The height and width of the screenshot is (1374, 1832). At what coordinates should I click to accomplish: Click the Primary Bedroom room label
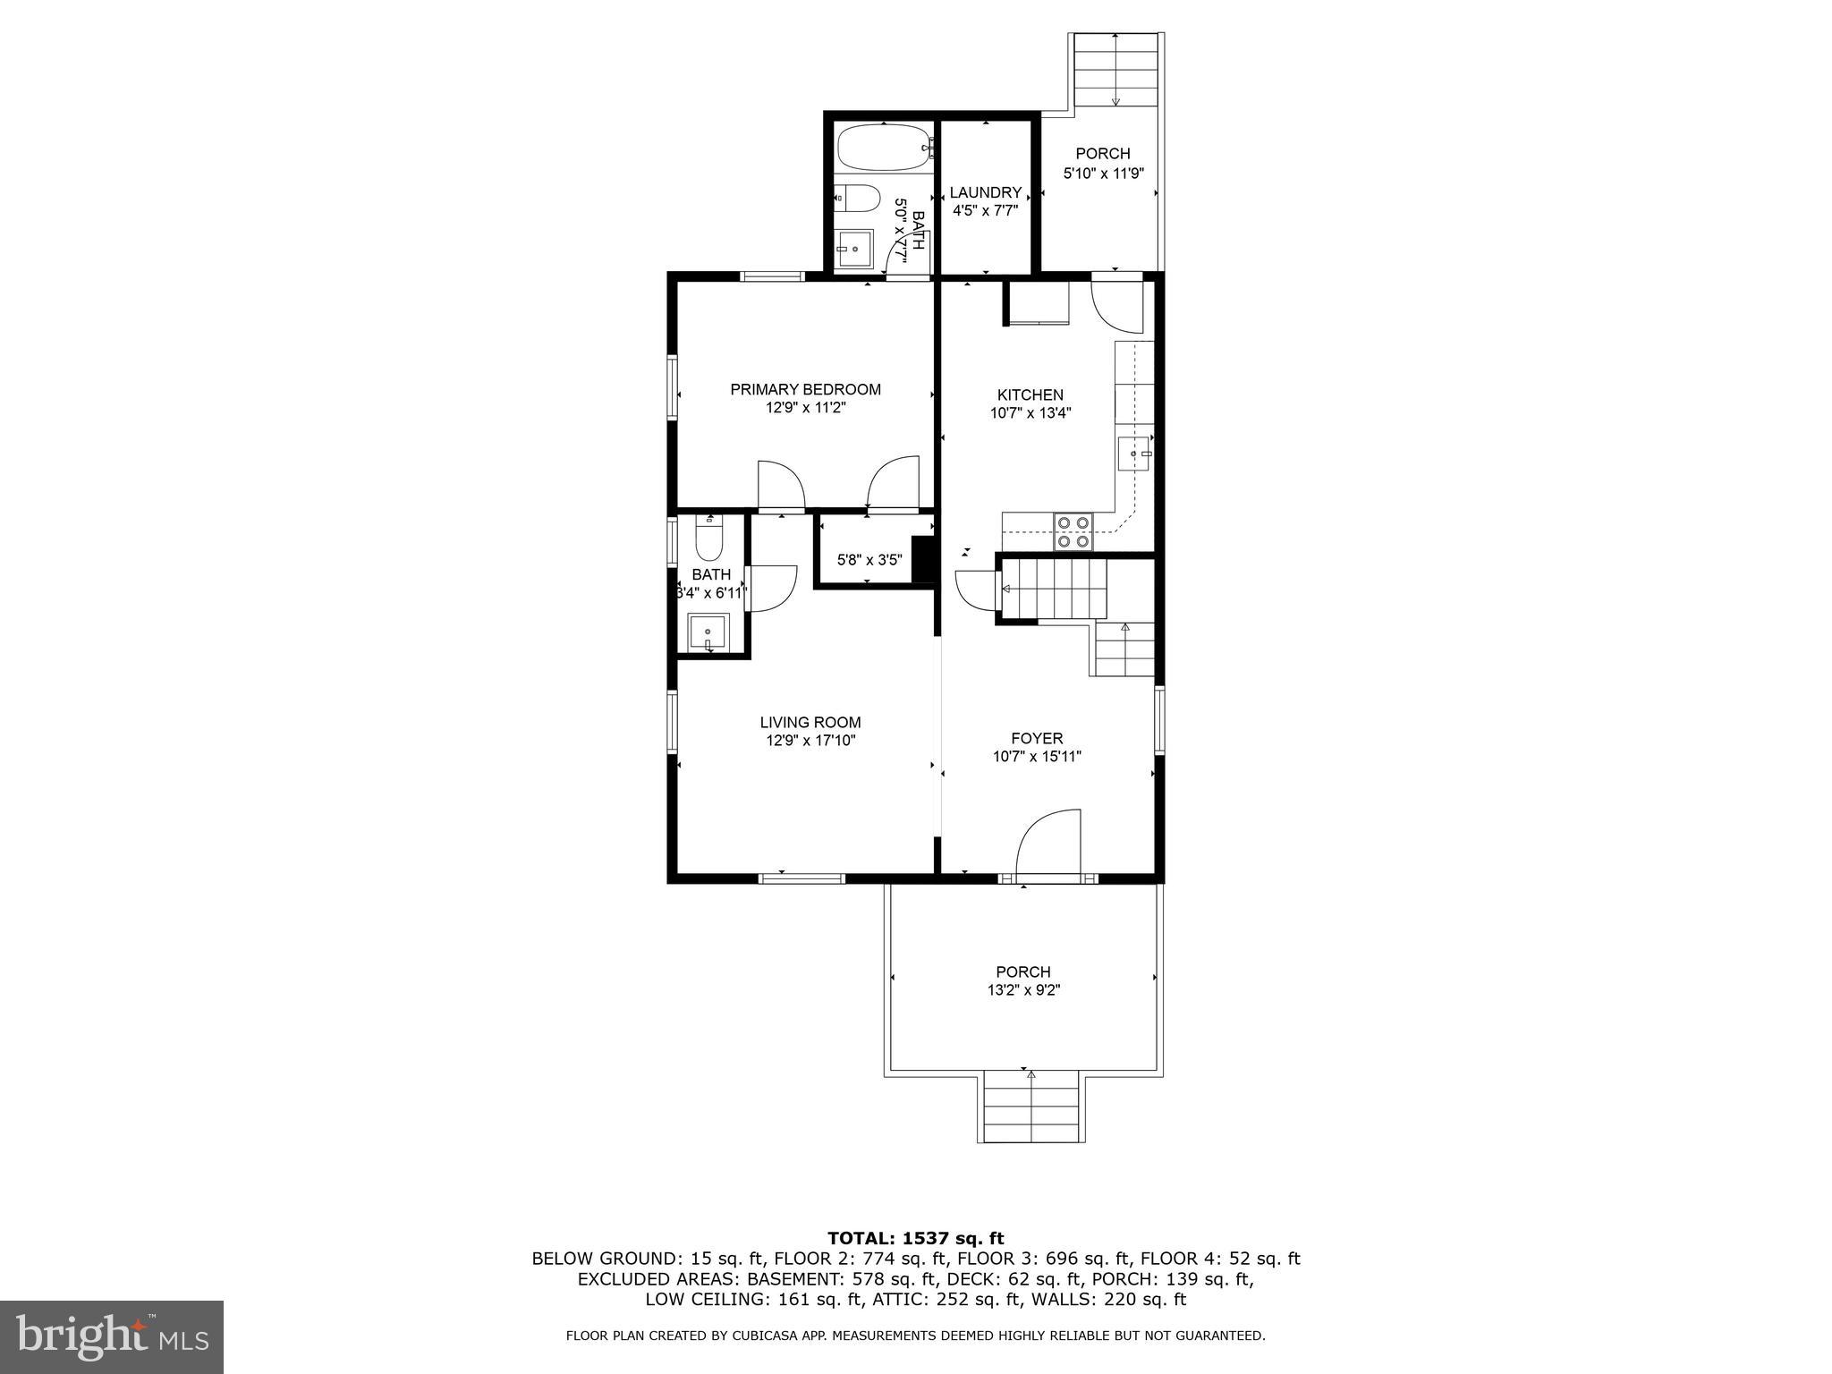pos(805,389)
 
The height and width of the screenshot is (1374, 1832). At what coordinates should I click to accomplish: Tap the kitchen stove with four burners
pos(1073,531)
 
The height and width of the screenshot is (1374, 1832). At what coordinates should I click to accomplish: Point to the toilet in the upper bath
pos(856,198)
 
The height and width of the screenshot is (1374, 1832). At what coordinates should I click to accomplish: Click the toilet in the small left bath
pos(709,539)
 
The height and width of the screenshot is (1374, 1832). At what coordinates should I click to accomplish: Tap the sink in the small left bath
pos(708,633)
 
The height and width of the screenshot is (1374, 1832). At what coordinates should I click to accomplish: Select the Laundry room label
pos(985,192)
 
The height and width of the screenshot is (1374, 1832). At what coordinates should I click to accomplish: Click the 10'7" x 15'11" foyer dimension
pos(1037,757)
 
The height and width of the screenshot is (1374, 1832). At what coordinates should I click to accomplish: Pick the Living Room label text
pos(810,722)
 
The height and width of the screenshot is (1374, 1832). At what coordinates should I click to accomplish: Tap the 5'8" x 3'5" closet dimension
pos(869,561)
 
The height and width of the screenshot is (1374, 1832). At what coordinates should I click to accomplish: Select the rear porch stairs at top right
pos(1115,72)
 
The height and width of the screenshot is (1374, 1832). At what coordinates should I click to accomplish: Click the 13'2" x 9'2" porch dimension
pos(1023,990)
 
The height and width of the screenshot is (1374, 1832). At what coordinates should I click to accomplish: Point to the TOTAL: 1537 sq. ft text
pos(915,1238)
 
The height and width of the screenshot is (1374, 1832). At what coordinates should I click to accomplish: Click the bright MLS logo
pos(112,1336)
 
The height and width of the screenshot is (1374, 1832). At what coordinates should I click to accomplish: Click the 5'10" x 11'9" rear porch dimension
pos(1103,174)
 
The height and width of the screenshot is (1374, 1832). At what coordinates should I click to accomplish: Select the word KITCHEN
pos(1030,394)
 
